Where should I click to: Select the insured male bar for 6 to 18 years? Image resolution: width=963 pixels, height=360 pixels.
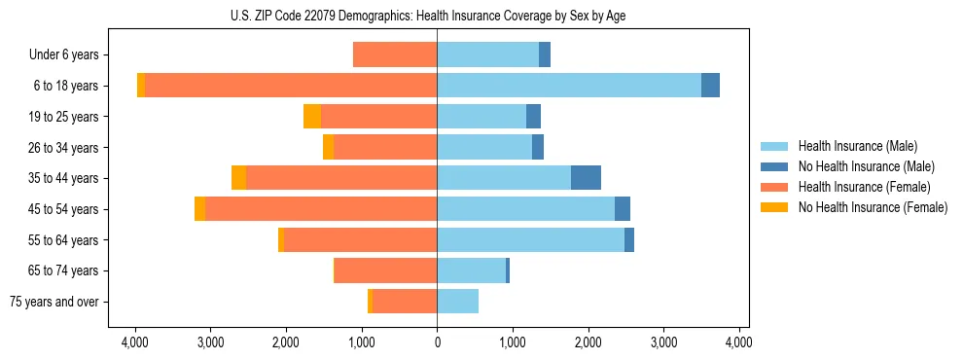(569, 86)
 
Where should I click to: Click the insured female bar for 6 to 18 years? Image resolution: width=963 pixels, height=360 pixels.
(291, 86)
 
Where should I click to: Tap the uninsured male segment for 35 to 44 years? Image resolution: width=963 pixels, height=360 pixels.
(586, 178)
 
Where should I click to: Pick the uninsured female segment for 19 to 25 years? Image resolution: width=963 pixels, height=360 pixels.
(312, 117)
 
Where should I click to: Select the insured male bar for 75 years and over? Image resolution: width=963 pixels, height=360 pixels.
(457, 302)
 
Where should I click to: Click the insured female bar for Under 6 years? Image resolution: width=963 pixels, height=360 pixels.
(395, 55)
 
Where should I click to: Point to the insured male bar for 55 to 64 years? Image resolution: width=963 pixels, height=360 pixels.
(530, 239)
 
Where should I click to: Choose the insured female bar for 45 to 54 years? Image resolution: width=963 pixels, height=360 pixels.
(321, 209)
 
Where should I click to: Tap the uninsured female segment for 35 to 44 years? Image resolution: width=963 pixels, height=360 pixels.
(238, 178)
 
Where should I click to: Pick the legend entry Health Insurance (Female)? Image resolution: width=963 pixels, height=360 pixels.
(862, 187)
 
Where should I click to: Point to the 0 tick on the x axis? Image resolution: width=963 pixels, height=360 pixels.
(437, 342)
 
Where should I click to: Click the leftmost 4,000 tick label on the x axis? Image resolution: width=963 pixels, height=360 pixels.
(134, 342)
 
